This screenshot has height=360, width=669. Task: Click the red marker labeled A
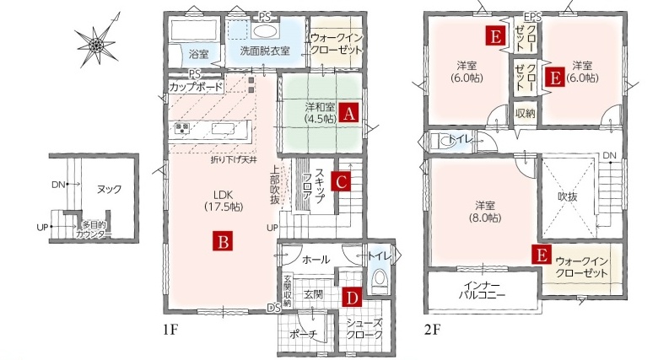349,114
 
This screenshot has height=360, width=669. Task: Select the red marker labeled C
341,182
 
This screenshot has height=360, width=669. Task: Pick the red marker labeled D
352,298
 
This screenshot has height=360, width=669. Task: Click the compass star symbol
96,43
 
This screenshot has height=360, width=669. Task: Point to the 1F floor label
170,330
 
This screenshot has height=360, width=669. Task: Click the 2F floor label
432,330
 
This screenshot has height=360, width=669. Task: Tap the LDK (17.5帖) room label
224,201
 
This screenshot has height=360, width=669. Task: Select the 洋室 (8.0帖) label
486,212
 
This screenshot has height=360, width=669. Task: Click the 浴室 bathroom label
198,54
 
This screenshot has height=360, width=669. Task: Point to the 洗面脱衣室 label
265,51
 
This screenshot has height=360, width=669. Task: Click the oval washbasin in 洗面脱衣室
265,31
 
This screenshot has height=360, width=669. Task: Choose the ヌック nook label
109,189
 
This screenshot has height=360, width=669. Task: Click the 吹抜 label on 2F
568,196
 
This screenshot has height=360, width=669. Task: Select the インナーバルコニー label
482,290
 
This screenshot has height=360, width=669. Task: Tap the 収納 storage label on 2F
526,113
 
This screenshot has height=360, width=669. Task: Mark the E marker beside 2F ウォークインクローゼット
542,255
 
